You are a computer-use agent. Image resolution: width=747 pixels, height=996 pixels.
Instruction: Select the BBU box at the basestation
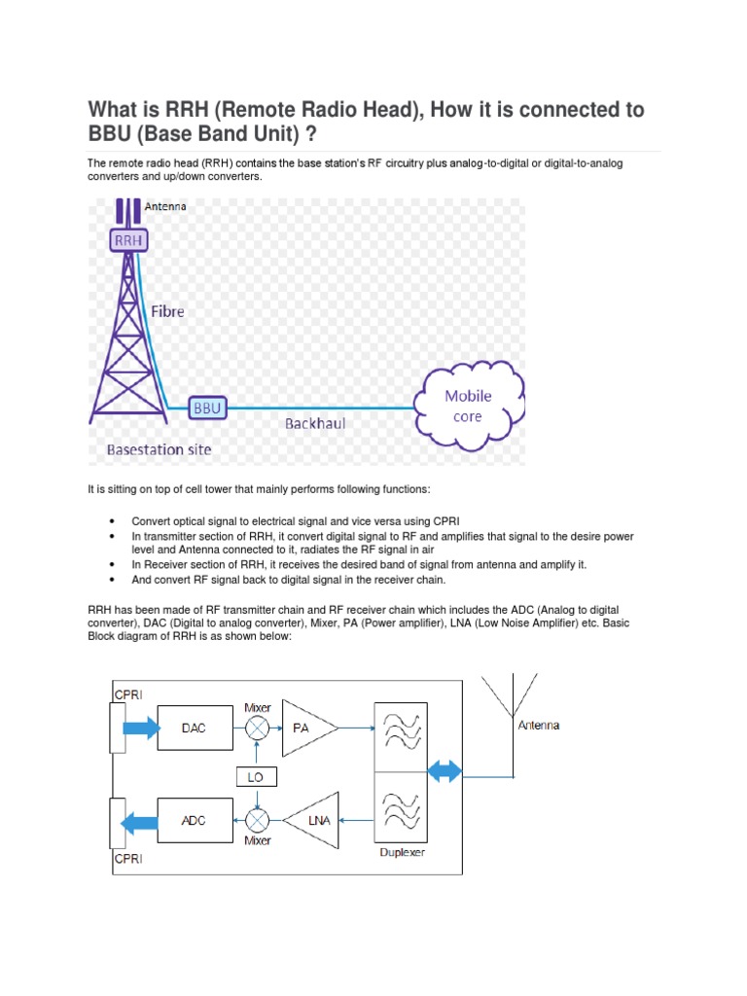tap(207, 409)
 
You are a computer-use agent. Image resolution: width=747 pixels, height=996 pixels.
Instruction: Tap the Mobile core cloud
tap(468, 406)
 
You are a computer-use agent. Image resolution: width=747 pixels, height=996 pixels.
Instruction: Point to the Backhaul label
tap(314, 424)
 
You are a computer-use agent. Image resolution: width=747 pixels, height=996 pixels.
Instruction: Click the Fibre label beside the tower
tap(166, 312)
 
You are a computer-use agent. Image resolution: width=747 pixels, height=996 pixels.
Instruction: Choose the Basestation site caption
tap(159, 450)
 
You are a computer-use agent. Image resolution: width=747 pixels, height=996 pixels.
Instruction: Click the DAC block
tap(194, 728)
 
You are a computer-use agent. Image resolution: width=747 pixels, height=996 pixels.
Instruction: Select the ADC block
tap(194, 820)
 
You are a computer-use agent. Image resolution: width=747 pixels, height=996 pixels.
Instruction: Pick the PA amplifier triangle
tap(306, 728)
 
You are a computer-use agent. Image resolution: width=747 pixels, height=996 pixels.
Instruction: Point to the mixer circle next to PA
tap(257, 728)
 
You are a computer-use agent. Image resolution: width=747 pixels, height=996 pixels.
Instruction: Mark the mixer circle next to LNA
tap(257, 820)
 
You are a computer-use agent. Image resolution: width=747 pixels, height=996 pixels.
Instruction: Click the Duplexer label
tap(401, 851)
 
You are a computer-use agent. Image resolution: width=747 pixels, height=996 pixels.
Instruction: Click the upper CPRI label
tap(127, 694)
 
